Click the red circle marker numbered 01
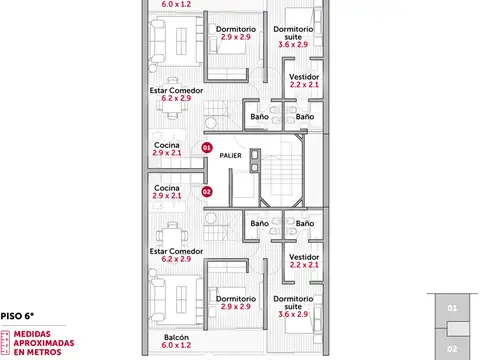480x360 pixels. (x=207, y=147)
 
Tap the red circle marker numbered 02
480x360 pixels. (x=207, y=190)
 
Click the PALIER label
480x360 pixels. (x=232, y=155)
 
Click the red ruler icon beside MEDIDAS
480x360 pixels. (x=5, y=342)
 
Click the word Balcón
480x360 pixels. (x=175, y=337)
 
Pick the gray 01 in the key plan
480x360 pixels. (x=453, y=308)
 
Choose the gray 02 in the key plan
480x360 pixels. (x=453, y=349)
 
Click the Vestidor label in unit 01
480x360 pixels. (x=303, y=77)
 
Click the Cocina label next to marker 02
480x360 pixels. (x=167, y=187)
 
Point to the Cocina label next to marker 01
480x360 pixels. (x=167, y=145)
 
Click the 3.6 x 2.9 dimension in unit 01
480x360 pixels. (x=293, y=45)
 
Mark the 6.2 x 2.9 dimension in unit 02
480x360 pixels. (x=175, y=259)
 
